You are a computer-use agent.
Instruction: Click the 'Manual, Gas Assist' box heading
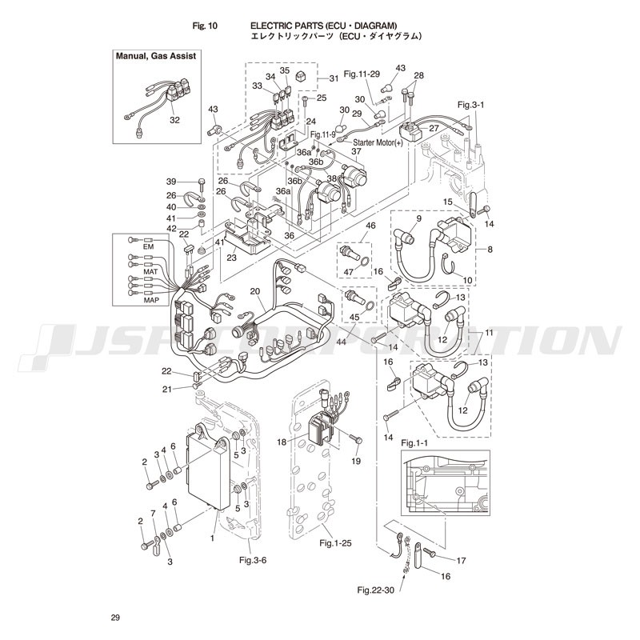(x=156, y=56)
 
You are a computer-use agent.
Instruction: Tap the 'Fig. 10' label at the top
(x=206, y=26)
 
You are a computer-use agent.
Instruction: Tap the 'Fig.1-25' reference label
(x=336, y=543)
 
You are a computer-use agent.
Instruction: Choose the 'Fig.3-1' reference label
(x=470, y=105)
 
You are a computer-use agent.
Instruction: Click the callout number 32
(x=174, y=120)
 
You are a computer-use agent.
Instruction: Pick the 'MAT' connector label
(x=149, y=272)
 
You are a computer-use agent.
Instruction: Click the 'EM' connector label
(x=147, y=246)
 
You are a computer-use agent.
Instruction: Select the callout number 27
(x=434, y=128)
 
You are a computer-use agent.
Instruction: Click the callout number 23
(x=231, y=258)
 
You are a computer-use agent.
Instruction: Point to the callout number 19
(x=356, y=462)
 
